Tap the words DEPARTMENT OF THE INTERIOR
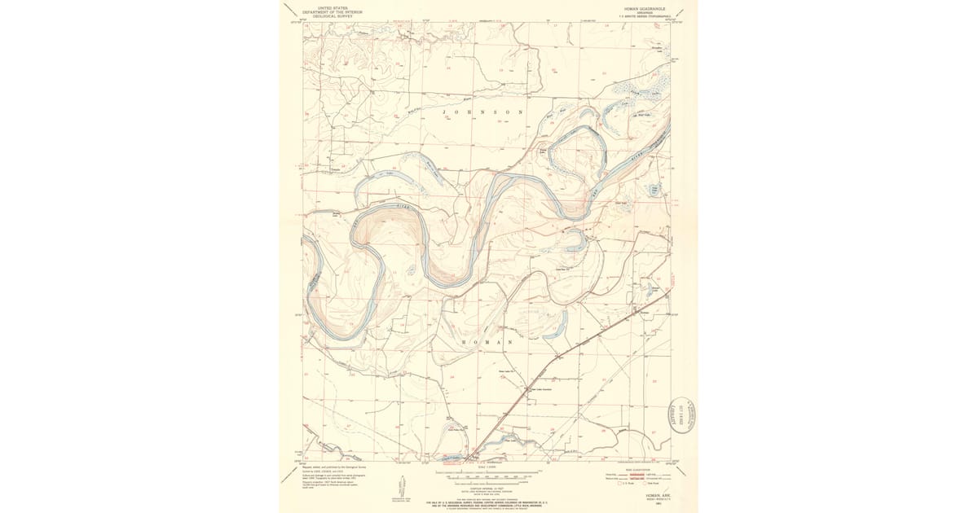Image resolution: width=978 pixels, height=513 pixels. [x=333, y=12]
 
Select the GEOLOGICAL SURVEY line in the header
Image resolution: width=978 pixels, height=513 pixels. [x=333, y=16]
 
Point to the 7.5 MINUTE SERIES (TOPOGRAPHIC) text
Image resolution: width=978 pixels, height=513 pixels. [x=634, y=16]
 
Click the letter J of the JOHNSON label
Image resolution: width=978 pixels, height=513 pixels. [x=444, y=112]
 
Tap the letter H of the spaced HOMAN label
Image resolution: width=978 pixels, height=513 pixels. [x=465, y=343]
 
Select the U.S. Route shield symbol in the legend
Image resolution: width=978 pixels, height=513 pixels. [x=620, y=484]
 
